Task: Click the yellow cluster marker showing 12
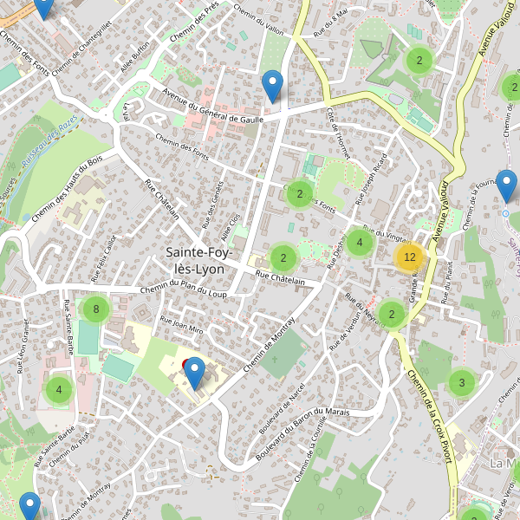pos(410,257)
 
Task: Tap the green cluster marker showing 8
pos(96,309)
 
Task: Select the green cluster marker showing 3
pos(462,382)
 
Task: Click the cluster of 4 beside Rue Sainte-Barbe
pos(59,390)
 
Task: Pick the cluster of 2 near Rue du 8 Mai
pos(419,60)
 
